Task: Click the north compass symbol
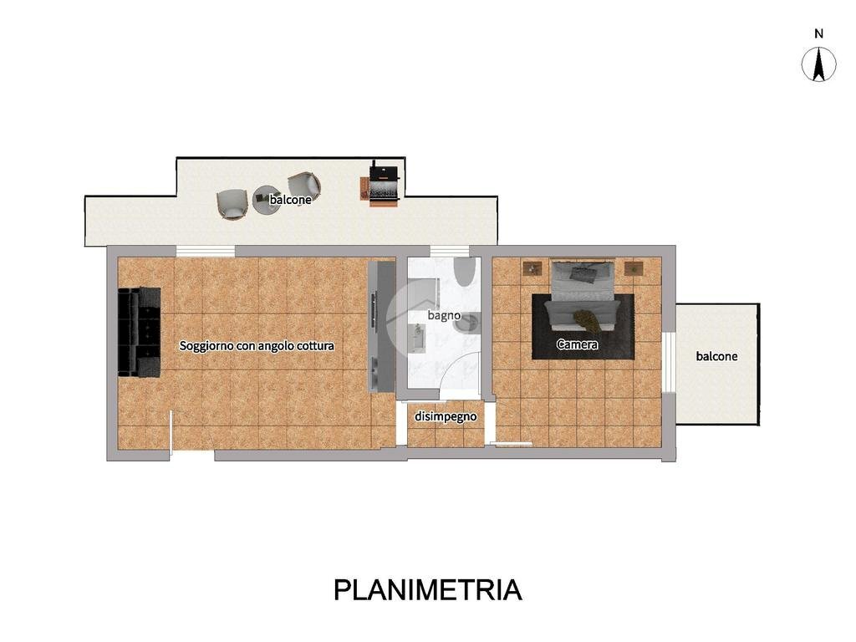tap(819, 64)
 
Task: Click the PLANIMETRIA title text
tap(428, 589)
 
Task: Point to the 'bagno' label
tap(444, 315)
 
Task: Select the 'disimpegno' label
tap(446, 415)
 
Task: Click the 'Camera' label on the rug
tap(577, 344)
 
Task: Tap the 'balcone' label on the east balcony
tap(716, 356)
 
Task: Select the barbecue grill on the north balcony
tap(384, 183)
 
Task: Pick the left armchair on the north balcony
tap(232, 204)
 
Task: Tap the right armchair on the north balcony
tap(303, 186)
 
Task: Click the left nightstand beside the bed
tap(532, 268)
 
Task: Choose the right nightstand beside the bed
tap(634, 268)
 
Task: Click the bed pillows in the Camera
tap(583, 272)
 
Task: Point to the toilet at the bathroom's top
tap(466, 272)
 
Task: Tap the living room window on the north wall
tap(205, 250)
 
